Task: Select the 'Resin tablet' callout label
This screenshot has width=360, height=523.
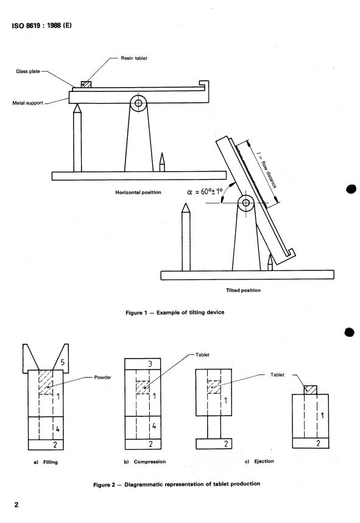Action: [129, 59]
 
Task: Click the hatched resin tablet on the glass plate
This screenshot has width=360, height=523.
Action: [86, 85]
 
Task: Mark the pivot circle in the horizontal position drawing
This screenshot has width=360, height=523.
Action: [138, 104]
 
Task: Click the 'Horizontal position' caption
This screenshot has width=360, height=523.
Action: [138, 192]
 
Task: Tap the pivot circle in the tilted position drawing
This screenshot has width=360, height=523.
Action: [246, 203]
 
